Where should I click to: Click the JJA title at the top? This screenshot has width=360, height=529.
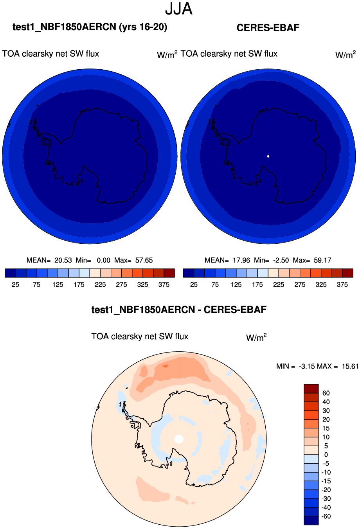179,9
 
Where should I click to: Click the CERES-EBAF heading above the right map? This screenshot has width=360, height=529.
268,28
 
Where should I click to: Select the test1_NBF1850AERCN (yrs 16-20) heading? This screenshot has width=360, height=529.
90,27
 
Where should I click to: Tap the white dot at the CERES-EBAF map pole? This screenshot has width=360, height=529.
268,157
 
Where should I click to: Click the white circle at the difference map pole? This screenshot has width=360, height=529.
179,439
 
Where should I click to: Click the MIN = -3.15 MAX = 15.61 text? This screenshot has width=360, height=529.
317,366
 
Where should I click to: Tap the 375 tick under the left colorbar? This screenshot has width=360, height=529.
164,284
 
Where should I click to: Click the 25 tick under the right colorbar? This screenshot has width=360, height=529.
194,284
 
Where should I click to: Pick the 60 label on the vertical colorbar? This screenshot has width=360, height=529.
326,393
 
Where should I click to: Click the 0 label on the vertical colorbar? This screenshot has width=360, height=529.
326,455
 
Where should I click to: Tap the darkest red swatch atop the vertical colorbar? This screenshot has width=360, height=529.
311,389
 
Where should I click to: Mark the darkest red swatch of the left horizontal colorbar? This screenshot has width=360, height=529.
169,273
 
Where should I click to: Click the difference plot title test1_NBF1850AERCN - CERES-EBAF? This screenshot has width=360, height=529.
179,310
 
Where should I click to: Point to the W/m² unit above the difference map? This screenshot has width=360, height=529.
256,337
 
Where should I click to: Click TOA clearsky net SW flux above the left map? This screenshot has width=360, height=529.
51,54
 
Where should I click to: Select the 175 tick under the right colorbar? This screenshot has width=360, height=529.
257,284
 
